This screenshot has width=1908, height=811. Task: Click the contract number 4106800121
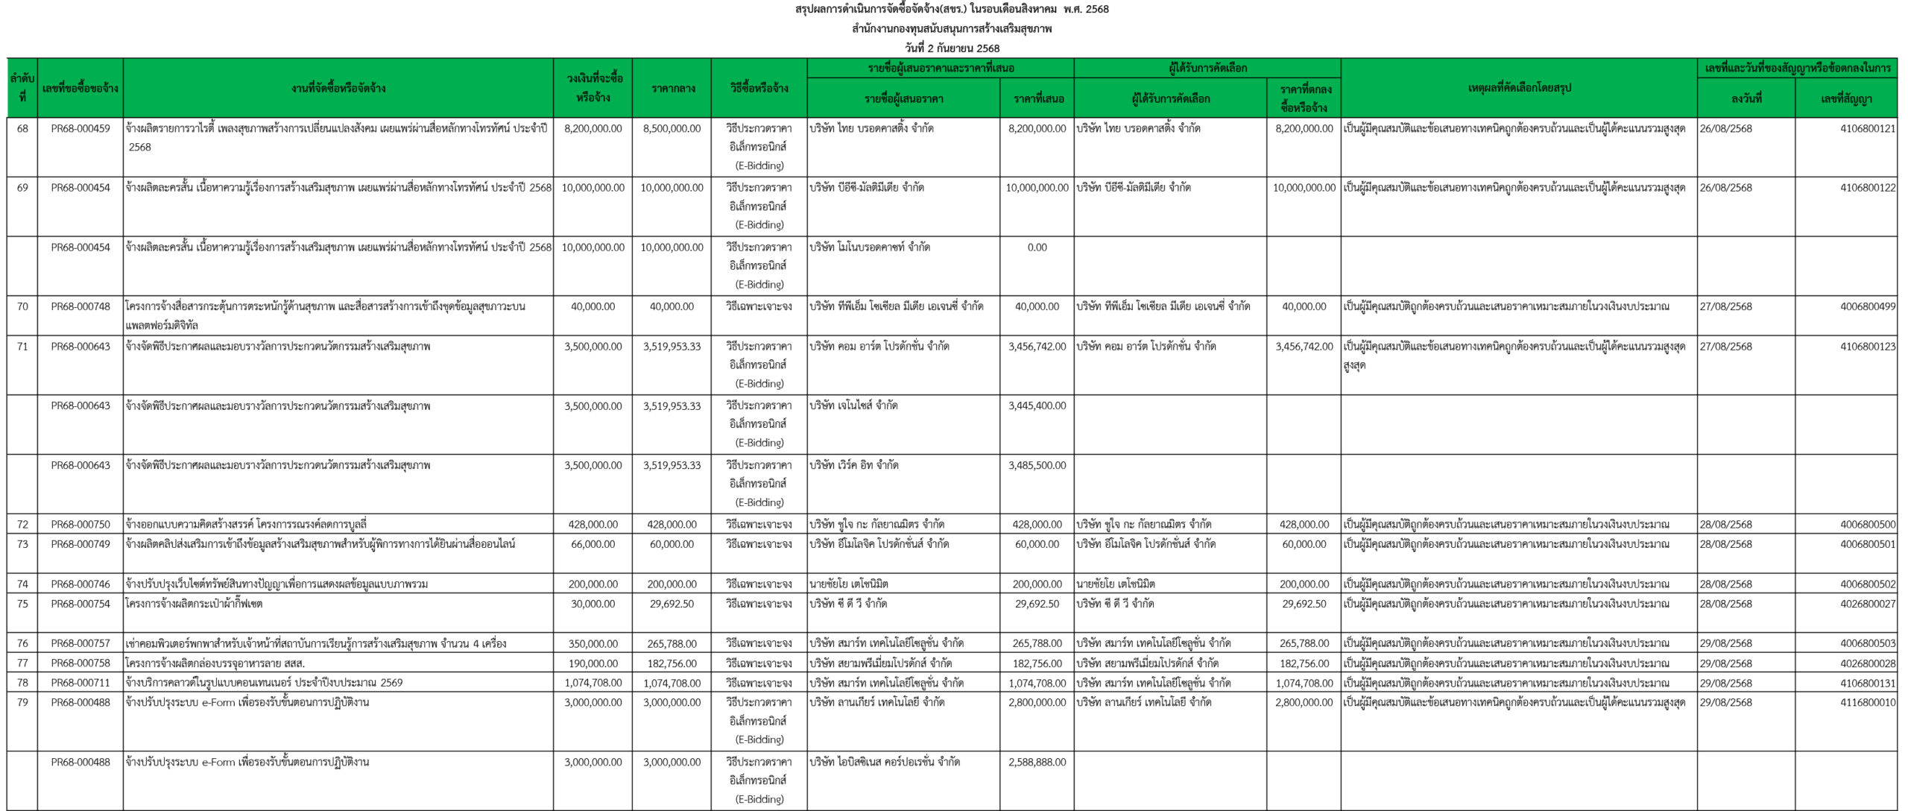click(1867, 128)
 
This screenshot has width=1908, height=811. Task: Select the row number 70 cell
click(22, 306)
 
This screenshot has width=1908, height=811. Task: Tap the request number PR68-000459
click(80, 128)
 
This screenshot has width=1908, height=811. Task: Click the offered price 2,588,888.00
click(1037, 762)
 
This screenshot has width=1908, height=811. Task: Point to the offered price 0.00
click(1037, 247)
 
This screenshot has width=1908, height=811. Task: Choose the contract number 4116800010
click(1867, 702)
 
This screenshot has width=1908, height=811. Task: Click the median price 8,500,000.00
click(672, 128)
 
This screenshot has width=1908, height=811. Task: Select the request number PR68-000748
click(80, 306)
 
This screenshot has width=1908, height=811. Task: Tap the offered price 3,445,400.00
click(1037, 405)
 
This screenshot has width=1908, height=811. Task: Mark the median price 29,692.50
click(672, 604)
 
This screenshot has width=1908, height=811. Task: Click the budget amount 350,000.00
click(593, 643)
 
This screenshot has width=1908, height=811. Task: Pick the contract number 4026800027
click(1867, 604)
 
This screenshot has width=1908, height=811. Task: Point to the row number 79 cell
click(22, 702)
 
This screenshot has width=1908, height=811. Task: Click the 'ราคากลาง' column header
click(672, 88)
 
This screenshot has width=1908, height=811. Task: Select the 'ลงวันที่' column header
click(1746, 98)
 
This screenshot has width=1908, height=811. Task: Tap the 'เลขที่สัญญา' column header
click(1846, 98)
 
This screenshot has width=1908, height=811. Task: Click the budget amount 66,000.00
click(593, 544)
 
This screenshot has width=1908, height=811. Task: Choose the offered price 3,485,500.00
click(1037, 465)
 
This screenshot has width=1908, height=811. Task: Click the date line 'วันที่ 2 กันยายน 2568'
click(953, 48)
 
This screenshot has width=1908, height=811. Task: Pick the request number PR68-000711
click(80, 683)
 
